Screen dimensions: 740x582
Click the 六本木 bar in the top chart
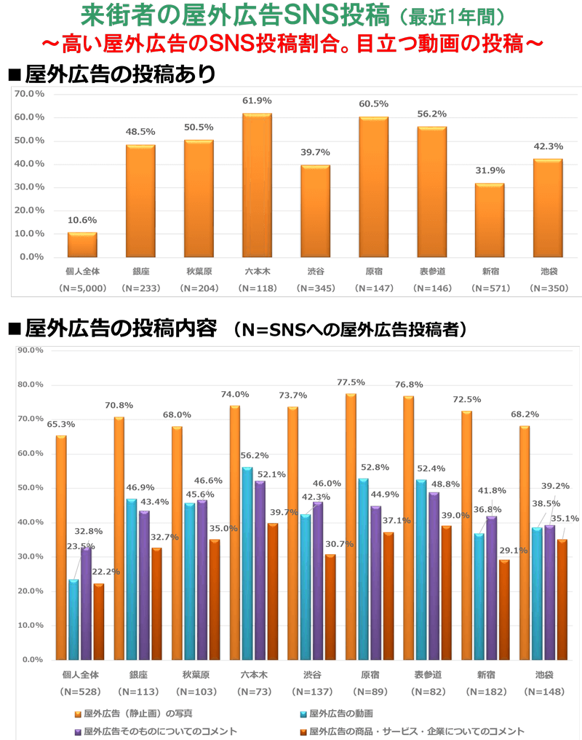pos(257,185)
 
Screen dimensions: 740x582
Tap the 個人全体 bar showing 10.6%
pos(82,245)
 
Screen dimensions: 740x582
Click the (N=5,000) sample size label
pos(82,288)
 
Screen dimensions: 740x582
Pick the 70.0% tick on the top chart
pos(30,94)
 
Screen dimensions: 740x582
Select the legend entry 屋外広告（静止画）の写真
pos(138,713)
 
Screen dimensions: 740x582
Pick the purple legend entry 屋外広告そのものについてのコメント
pos(160,731)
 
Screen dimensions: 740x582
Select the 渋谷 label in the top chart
pos(315,272)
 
